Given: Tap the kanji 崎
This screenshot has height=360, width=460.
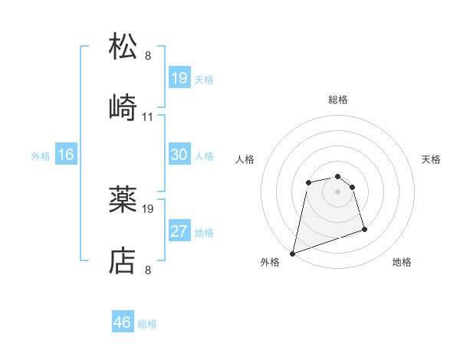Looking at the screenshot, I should pos(123,107).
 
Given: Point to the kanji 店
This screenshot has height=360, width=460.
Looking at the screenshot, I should pos(123,261).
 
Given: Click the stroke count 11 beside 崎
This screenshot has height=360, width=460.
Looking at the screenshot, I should pos(148,117).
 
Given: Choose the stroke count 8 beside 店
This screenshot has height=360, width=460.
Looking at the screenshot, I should pos(148,270).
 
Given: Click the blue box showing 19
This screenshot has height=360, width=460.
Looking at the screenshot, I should pos(179,78).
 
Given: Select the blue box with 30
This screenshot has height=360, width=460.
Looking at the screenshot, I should pos(179,155).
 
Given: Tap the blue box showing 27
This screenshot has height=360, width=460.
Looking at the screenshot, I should pos(179,231).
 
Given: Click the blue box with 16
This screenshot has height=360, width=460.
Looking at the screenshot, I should pos(66,155).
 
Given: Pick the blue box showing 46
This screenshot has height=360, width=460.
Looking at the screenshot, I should pos(123,322).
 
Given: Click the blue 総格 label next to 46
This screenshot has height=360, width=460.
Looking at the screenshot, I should pos(147,324).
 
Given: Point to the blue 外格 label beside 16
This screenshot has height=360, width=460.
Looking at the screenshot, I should pos(41,155).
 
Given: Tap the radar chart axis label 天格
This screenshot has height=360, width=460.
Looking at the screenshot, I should pos(432,159).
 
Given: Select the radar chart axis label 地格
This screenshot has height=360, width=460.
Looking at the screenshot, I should pos(402,262).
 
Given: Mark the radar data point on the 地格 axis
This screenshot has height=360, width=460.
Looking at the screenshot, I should pos(364,229).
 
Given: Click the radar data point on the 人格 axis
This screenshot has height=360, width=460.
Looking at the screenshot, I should pos(308,182).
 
